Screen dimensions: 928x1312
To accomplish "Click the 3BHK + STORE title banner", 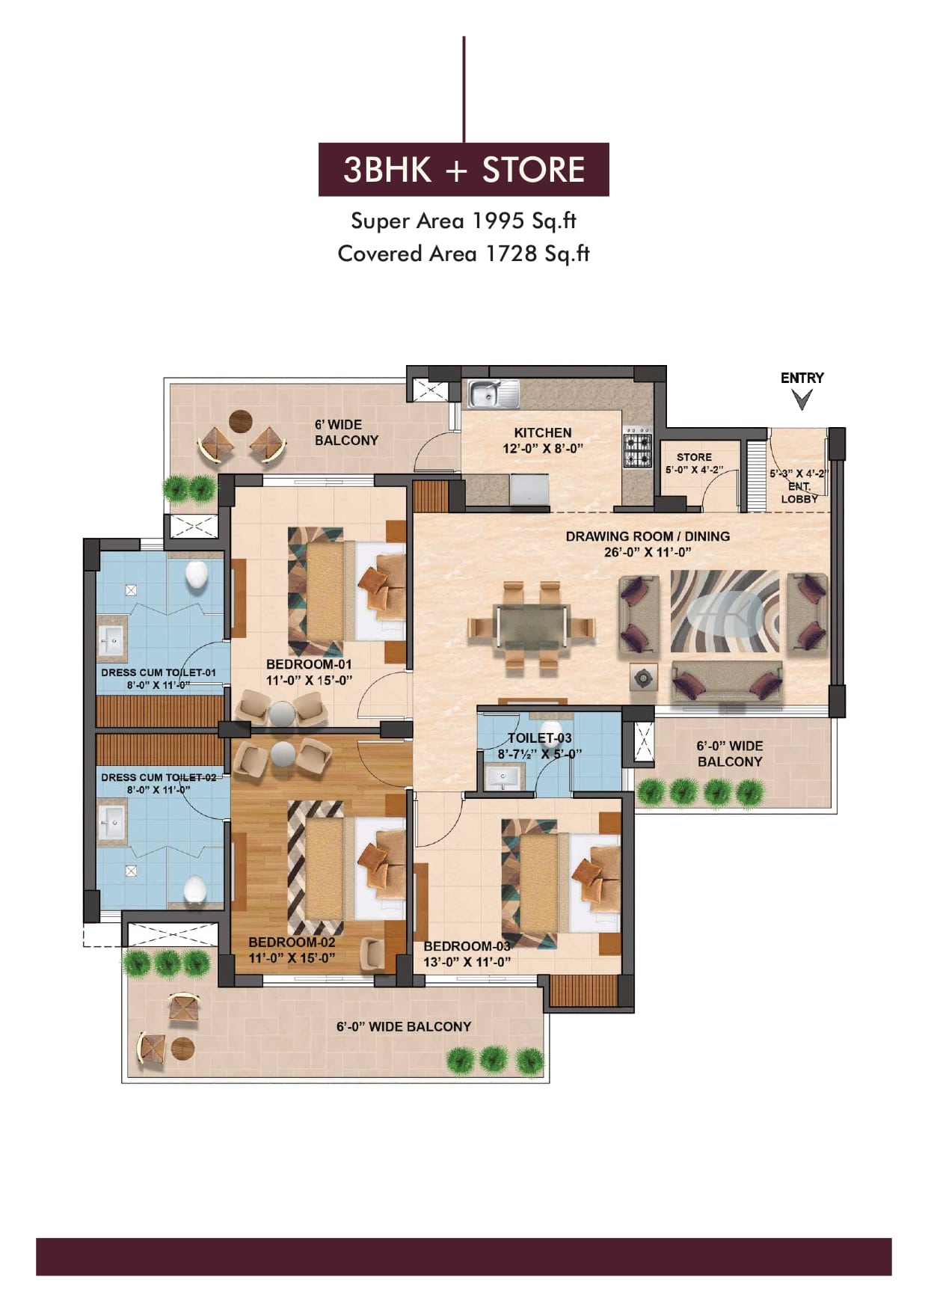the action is [464, 169].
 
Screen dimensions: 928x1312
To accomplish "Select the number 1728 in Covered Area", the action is [511, 254].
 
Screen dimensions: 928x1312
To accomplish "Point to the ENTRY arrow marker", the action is [802, 400].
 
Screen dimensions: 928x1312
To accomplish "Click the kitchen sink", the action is [494, 394].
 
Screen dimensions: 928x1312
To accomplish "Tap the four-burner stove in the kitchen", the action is [637, 447].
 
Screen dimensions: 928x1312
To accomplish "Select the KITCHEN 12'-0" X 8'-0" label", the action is [543, 441].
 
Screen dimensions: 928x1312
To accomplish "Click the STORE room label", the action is [694, 463].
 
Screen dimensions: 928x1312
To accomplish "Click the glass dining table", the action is [530, 626].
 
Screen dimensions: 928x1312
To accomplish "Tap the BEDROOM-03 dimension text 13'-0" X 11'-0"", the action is [467, 962].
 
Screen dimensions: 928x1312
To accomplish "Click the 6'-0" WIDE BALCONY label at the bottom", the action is [404, 1027].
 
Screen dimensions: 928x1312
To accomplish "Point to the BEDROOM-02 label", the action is [292, 942].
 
